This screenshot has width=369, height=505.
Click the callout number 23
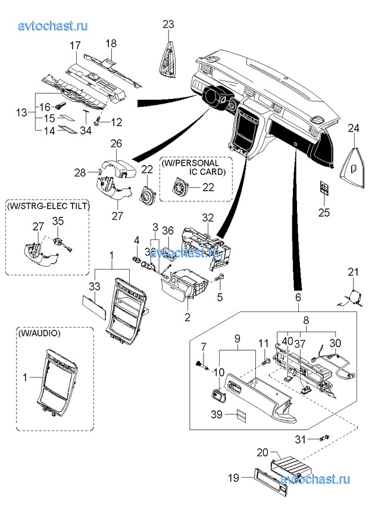(x=168, y=24)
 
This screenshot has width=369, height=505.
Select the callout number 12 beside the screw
(x=116, y=122)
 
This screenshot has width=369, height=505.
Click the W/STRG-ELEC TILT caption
(x=48, y=206)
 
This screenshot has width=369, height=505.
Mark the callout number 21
(x=354, y=273)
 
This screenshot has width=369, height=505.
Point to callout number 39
(x=217, y=414)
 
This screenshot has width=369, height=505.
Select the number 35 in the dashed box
(x=58, y=222)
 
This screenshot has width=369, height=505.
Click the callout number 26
(x=115, y=144)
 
